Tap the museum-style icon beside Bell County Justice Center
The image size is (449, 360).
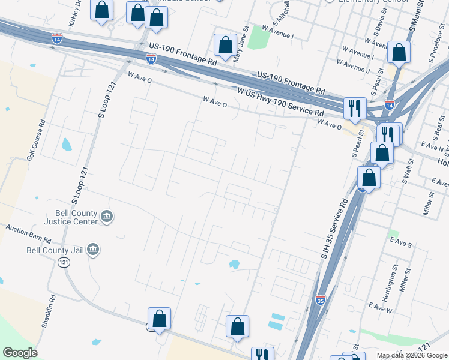pyautogui.click(x=107, y=216)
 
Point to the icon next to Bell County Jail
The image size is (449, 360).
pyautogui.click(x=93, y=250)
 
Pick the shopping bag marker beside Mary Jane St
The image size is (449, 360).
pyautogui.click(x=225, y=46)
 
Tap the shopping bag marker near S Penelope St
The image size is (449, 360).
pyautogui.click(x=399, y=53)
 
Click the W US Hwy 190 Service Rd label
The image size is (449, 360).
pyautogui.click(x=280, y=103)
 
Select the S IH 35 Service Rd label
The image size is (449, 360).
pyautogui.click(x=334, y=229)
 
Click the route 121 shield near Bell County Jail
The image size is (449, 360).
pyautogui.click(x=64, y=262)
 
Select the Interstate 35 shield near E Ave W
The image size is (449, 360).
pyautogui.click(x=321, y=298)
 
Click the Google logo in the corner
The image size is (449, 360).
pyautogui.click(x=20, y=353)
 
